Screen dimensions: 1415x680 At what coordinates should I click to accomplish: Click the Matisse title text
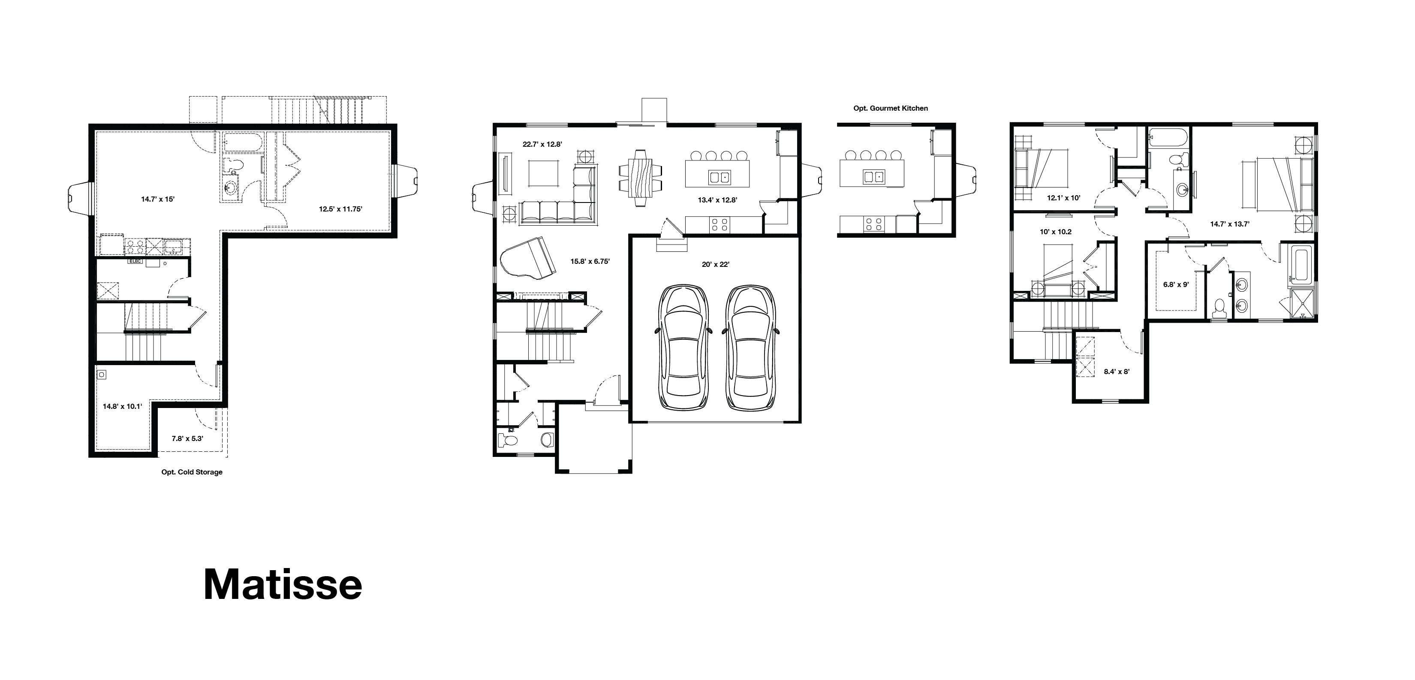(283, 584)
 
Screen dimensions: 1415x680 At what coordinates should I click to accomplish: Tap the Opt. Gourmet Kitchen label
(891, 108)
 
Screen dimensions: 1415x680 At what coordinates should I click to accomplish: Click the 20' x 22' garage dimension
(716, 264)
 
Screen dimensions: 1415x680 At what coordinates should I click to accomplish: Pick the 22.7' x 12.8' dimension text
(542, 145)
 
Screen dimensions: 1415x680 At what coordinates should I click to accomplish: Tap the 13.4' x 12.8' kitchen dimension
(717, 200)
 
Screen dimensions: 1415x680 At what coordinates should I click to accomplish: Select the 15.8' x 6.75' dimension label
(590, 262)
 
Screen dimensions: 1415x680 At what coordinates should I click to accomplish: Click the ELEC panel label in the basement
(135, 262)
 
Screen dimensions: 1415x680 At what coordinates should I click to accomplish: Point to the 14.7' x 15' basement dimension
(158, 199)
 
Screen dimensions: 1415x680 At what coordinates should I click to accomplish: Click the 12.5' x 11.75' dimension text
(340, 209)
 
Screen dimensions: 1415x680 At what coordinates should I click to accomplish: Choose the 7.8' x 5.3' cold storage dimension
(187, 438)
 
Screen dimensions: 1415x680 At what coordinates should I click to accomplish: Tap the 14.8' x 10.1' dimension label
(123, 407)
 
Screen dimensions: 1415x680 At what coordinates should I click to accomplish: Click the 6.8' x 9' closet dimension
(1176, 285)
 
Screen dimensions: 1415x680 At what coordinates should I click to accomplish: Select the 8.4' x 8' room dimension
(1117, 372)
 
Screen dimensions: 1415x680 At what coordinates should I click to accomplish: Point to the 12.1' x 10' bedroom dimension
(1064, 198)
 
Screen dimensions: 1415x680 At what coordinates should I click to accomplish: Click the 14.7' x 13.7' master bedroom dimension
(1230, 224)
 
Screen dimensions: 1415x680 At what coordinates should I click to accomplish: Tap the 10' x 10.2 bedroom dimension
(1056, 232)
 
